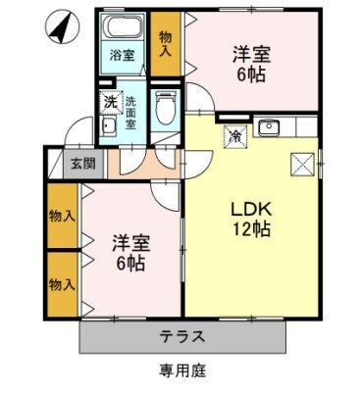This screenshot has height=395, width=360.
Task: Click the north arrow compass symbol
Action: click(59, 26)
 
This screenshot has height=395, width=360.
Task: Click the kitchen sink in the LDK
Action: click(269, 126)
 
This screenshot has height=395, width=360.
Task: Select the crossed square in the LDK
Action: click(301, 163)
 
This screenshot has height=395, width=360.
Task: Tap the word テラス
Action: click(182, 336)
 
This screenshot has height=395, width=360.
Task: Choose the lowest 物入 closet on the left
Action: click(63, 284)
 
